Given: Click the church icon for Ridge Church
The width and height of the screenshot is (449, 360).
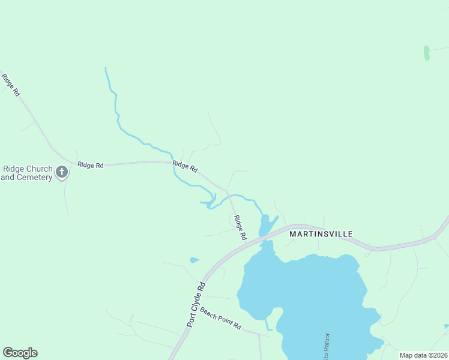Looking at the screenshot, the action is pos(61,173).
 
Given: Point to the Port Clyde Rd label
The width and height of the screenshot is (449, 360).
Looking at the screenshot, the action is pos(196,304).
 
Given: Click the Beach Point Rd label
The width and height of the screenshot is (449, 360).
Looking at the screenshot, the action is pos(220,319).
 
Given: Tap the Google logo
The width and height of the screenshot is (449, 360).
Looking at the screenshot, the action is pos(20,353).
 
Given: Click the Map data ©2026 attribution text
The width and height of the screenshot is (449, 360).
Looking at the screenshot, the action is pos(423,355).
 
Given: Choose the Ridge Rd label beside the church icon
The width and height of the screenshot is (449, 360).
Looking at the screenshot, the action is pos(91,164).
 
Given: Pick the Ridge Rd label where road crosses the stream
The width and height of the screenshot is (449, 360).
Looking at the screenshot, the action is pos(185,166).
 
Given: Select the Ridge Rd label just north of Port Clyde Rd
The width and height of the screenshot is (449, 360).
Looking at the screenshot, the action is pos(240,227).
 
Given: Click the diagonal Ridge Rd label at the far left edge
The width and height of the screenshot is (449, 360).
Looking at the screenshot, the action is pos(11,85).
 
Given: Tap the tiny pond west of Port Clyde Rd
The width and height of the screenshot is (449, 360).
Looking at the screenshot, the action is pos(194,260).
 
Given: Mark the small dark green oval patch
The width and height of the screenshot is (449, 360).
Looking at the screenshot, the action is pos(426,53).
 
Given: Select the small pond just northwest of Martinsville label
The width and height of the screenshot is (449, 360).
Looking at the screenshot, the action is pos(266,226).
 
